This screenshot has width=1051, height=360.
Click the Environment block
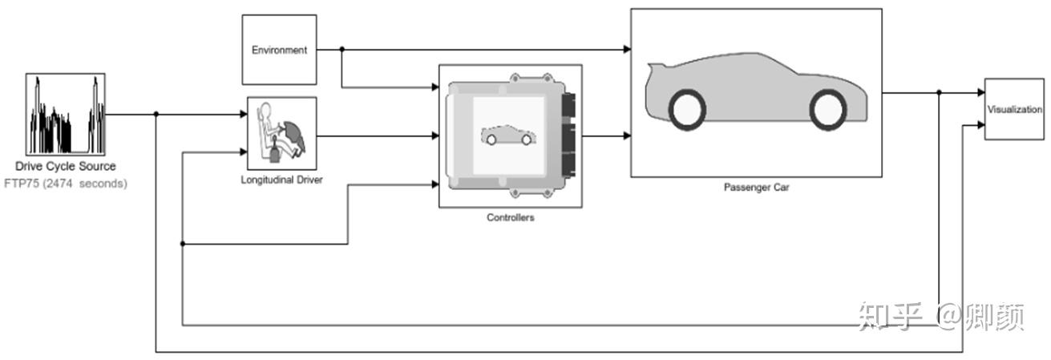(279, 50)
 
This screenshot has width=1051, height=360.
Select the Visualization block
(1013, 110)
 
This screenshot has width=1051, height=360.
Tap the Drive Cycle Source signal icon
(66, 114)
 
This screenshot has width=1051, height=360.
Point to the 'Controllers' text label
(510, 217)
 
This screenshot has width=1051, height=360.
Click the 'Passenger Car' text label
(756, 188)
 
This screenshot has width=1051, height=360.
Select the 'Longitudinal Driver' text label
(281, 180)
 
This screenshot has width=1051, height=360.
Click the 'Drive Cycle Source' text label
(65, 167)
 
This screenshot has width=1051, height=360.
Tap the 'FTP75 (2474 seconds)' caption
(65, 184)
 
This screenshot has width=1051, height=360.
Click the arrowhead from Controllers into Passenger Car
(626, 136)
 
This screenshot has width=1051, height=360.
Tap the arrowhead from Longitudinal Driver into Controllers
(435, 136)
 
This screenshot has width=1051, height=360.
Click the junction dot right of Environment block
(342, 49)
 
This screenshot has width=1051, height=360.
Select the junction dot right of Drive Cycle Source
(156, 114)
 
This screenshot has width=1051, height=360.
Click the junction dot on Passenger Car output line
(939, 92)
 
